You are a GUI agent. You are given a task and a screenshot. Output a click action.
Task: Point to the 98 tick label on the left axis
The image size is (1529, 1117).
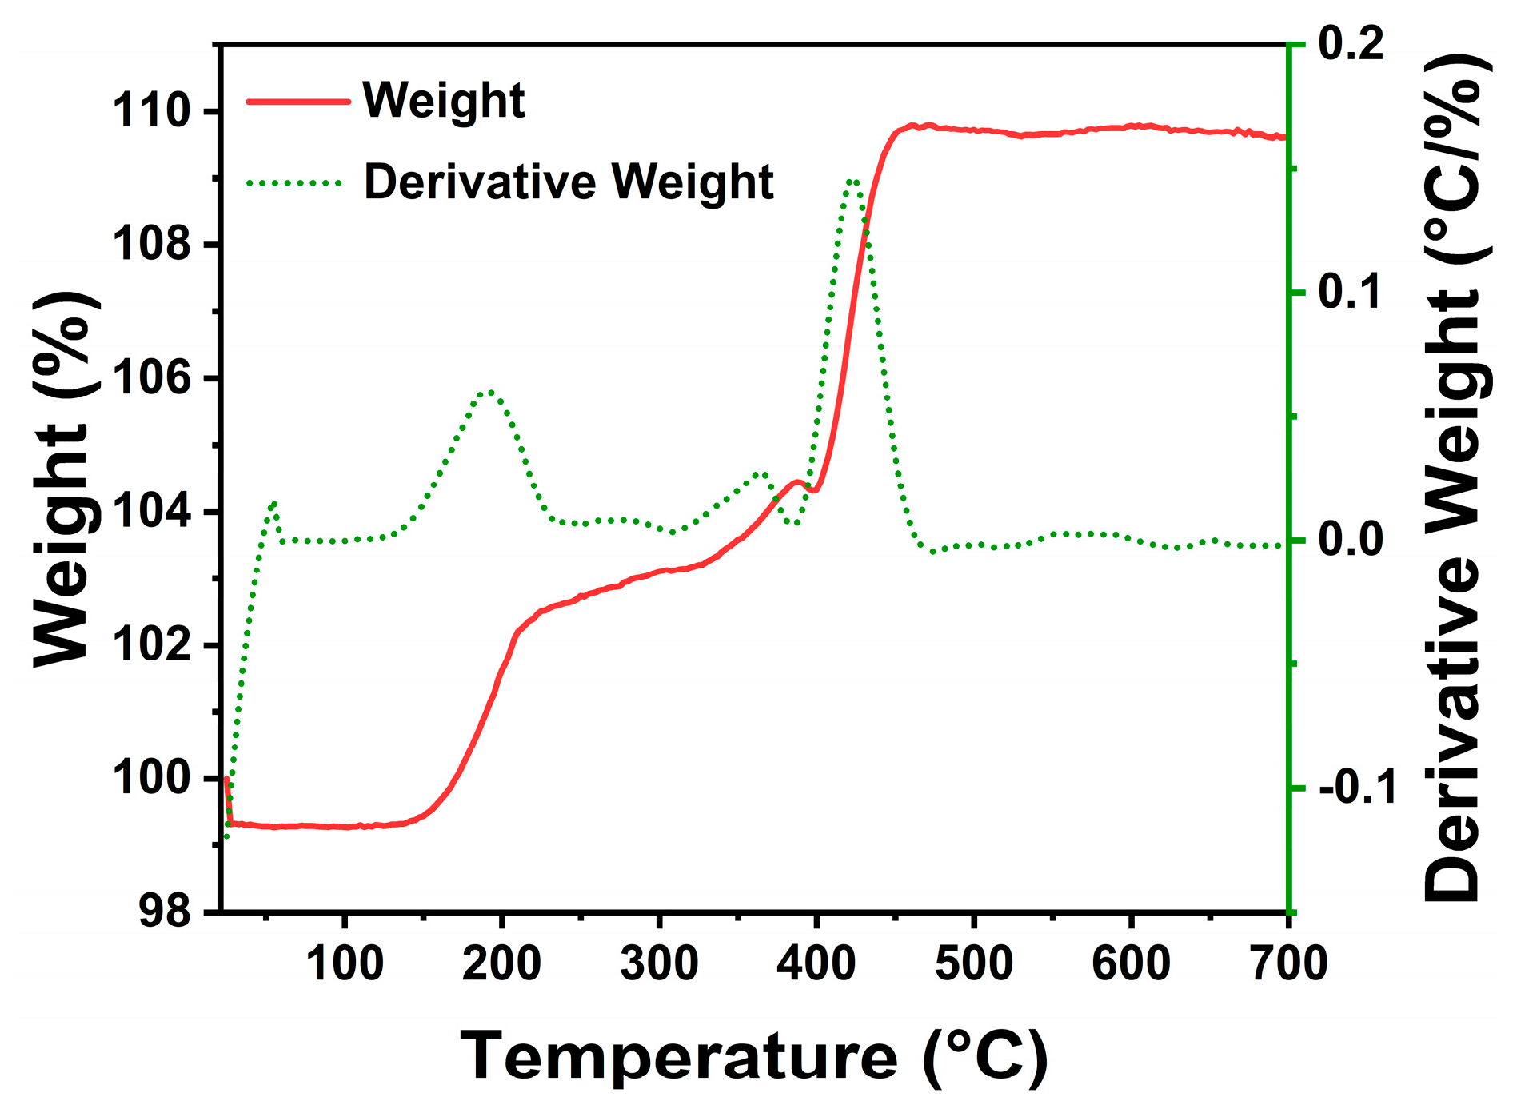tap(165, 911)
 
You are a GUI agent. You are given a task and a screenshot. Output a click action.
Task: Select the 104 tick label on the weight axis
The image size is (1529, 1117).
tap(151, 512)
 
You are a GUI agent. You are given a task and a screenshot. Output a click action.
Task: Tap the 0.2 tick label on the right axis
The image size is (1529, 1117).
tap(1350, 43)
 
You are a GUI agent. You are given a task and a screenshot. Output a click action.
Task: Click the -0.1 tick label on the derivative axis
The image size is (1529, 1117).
tap(1357, 788)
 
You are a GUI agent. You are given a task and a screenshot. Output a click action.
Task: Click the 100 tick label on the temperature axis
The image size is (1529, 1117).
tap(345, 963)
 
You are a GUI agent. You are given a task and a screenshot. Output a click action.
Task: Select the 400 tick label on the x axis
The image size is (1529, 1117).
tap(816, 963)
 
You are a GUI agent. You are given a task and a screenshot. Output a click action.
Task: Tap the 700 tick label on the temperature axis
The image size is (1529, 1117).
tap(1288, 963)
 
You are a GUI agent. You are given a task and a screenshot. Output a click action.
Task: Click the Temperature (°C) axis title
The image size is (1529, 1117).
tap(753, 1057)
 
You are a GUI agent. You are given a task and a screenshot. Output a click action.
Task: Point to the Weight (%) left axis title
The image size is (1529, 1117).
tap(66, 480)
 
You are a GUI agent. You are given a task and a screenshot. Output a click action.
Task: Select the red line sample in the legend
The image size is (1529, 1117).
tap(297, 102)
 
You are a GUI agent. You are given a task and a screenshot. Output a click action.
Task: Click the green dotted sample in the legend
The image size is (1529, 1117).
tap(295, 183)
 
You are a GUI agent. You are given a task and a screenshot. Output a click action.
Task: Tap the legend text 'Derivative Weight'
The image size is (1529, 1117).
tap(568, 182)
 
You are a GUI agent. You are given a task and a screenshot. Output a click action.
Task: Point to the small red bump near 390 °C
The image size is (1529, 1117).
tap(796, 481)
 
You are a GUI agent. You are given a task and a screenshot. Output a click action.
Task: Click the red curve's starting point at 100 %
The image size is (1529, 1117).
tap(226, 778)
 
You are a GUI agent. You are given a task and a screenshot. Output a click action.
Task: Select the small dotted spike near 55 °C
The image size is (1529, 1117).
tap(274, 504)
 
